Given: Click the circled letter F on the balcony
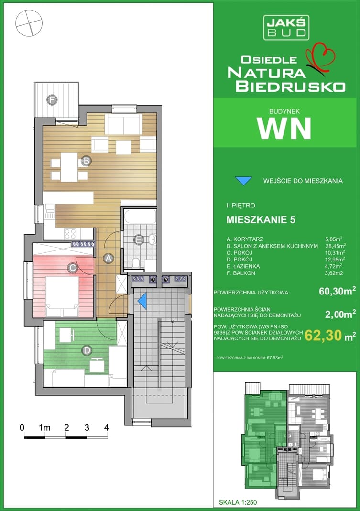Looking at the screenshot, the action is pyautogui.click(x=52, y=100).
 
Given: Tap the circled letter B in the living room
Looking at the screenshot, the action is pyautogui.click(x=86, y=161).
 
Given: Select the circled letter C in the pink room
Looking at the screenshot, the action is pyautogui.click(x=73, y=268).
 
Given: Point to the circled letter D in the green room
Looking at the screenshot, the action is pyautogui.click(x=87, y=351).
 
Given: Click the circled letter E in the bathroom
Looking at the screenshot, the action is pyautogui.click(x=139, y=240).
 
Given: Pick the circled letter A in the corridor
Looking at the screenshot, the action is pyautogui.click(x=108, y=259).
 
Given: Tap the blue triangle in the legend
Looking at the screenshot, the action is pyautogui.click(x=243, y=181).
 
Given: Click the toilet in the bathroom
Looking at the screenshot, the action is pyautogui.click(x=137, y=262).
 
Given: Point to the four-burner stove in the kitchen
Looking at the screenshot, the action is pyautogui.click(x=70, y=233).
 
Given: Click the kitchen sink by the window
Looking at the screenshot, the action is pyautogui.click(x=50, y=211).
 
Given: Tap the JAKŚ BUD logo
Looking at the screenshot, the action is pyautogui.click(x=286, y=28).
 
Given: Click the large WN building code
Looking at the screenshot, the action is pyautogui.click(x=284, y=128).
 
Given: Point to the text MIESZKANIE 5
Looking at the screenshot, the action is pyautogui.click(x=261, y=220).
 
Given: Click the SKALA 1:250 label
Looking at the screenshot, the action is pyautogui.click(x=238, y=502).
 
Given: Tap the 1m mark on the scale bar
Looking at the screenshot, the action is pyautogui.click(x=44, y=427).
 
